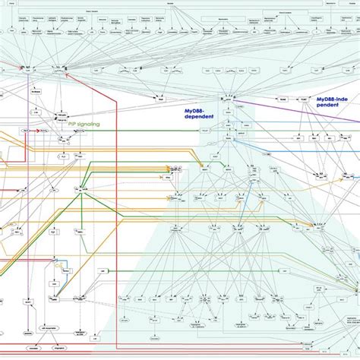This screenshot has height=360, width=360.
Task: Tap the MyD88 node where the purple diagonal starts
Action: (226, 98)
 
